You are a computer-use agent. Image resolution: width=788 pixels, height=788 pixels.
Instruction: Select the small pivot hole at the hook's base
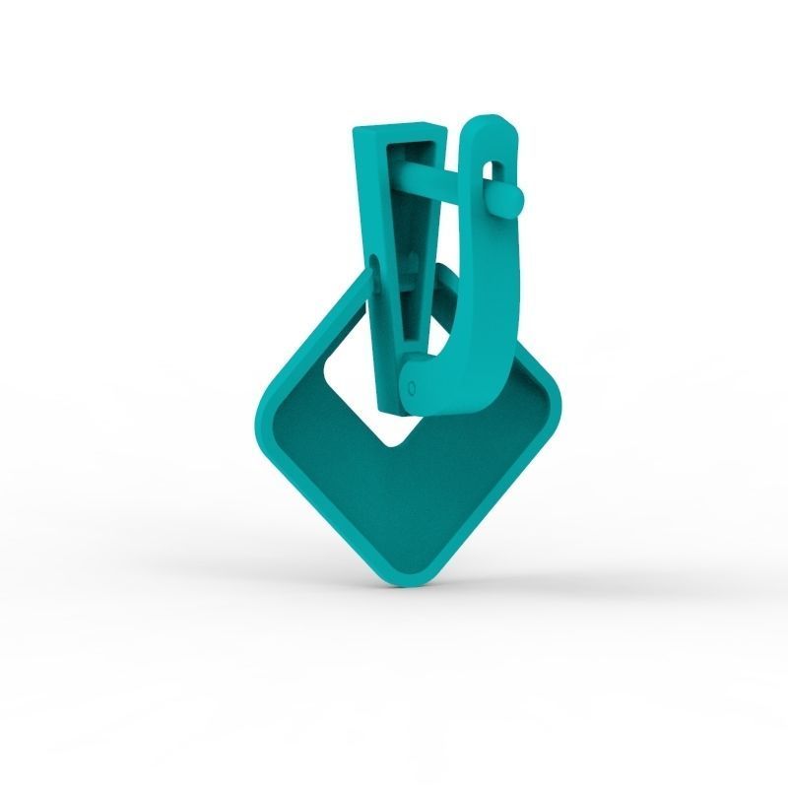412,388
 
